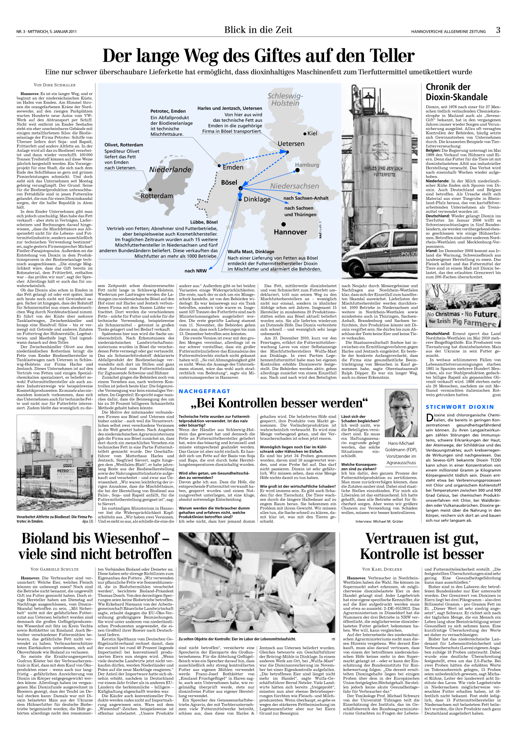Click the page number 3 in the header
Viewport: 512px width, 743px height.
point(498,30)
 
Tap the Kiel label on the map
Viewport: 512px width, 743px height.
point(312,133)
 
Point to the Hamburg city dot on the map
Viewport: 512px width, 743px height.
point(297,170)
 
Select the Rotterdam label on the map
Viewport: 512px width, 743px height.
point(157,196)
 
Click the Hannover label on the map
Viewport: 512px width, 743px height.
point(290,232)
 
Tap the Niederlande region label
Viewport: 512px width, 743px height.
point(170,169)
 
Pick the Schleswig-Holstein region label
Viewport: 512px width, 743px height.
point(285,100)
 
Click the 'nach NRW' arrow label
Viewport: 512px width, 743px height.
point(195,271)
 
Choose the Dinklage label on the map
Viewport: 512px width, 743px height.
point(257,199)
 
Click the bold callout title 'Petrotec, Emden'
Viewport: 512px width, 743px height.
point(168,111)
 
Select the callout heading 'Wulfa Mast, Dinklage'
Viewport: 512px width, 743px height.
point(251,252)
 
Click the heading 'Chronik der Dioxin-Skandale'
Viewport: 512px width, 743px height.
point(456,92)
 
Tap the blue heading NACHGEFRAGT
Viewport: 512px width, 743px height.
point(204,391)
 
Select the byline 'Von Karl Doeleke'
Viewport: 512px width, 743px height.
point(382,569)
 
